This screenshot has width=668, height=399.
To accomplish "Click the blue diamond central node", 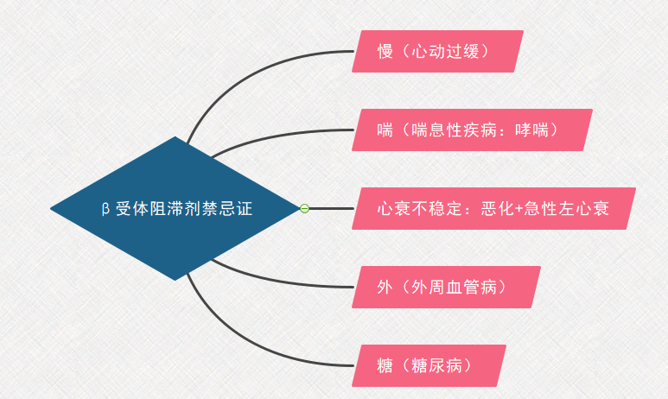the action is pyautogui.click(x=175, y=209).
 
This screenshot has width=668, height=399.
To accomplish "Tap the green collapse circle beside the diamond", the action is pyautogui.click(x=304, y=209).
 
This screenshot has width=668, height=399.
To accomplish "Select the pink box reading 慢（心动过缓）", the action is pyautogui.click(x=437, y=51).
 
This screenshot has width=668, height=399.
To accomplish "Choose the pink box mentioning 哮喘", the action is pyautogui.click(x=472, y=130).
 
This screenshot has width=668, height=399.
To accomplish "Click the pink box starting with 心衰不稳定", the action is pyautogui.click(x=493, y=209).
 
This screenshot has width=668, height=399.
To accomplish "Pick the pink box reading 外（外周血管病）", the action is pyautogui.click(x=446, y=287).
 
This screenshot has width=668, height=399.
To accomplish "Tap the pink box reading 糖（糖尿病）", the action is pyautogui.click(x=429, y=366).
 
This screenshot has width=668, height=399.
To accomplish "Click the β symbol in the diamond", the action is pyautogui.click(x=105, y=209).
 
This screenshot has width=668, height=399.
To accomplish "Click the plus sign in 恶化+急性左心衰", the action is pyautogui.click(x=518, y=209).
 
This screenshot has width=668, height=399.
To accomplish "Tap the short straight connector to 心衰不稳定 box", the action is pyautogui.click(x=332, y=209).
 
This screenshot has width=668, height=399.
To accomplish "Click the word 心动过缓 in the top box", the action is pyautogui.click(x=445, y=52).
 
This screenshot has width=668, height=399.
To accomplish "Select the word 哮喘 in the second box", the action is pyautogui.click(x=531, y=130).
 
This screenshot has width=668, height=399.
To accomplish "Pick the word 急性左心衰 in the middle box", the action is pyautogui.click(x=567, y=209).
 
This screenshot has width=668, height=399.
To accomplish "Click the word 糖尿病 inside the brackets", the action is pyautogui.click(x=436, y=366).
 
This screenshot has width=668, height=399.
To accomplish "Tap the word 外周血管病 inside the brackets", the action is pyautogui.click(x=455, y=288).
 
